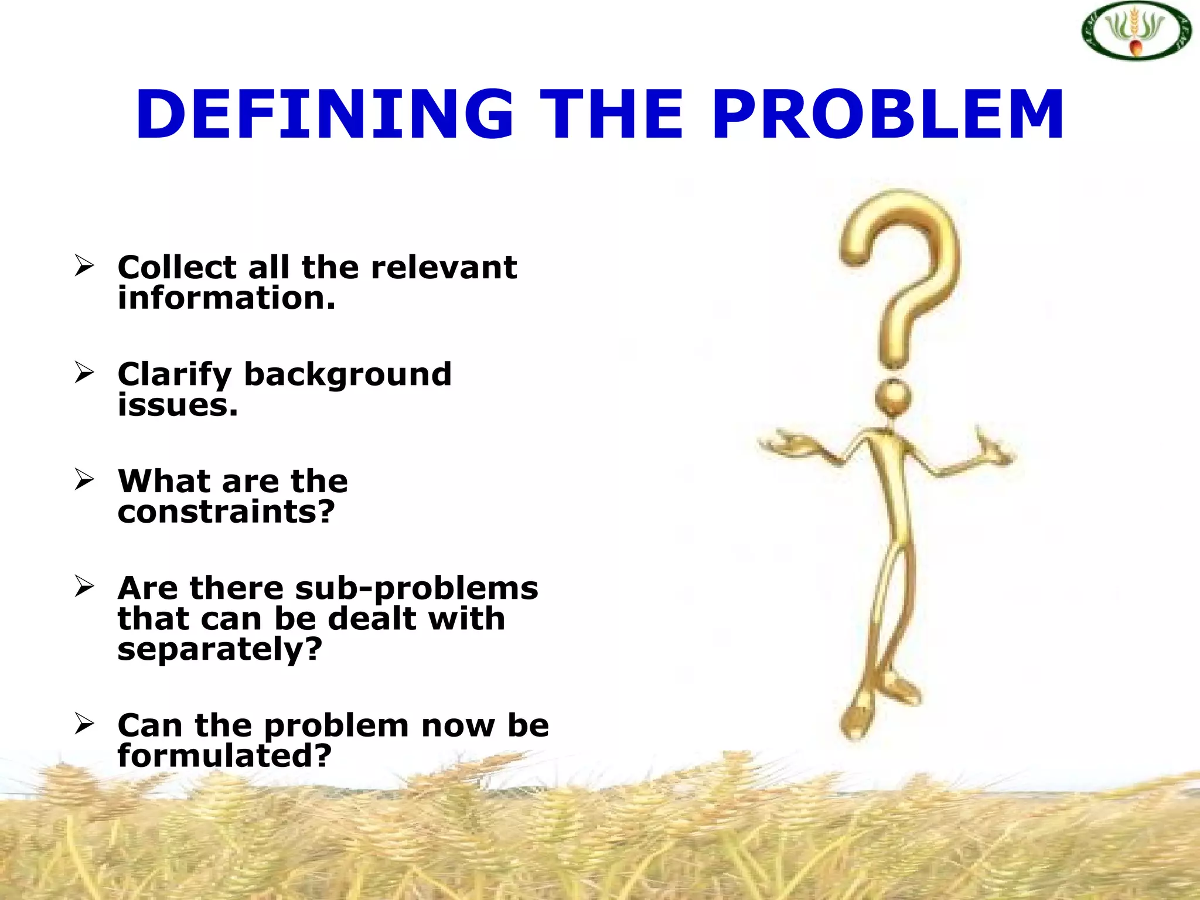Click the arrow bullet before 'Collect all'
(x=84, y=267)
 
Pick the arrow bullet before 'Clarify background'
(x=84, y=373)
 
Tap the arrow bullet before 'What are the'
(x=84, y=480)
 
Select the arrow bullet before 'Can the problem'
(x=84, y=724)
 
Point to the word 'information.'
(x=226, y=298)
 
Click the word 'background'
(x=347, y=374)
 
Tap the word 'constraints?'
(x=226, y=512)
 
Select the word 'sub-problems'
(x=417, y=588)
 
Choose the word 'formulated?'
(x=224, y=756)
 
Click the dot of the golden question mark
(x=893, y=398)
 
